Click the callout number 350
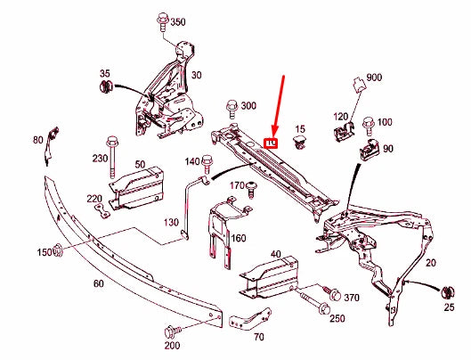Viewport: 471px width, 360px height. point(178,21)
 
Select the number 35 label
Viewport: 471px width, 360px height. point(104,73)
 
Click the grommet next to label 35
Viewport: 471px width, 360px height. point(103,88)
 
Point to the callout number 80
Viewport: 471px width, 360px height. point(37,140)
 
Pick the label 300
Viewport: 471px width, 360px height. point(248,105)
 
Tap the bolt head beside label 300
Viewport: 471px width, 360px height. point(231,106)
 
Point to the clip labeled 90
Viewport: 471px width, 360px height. point(367,151)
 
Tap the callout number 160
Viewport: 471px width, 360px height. point(239,238)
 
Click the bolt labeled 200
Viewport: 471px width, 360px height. point(172,331)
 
